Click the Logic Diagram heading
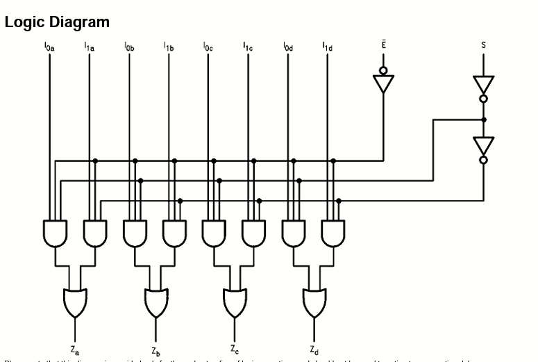tap(57, 22)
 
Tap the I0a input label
tap(49, 47)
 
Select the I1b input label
tap(169, 47)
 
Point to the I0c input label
tap(208, 47)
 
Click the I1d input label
tap(327, 47)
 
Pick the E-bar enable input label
tap(383, 44)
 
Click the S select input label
tap(484, 45)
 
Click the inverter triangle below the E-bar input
tap(383, 83)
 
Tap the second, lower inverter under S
tap(484, 145)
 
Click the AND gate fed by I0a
tap(53, 233)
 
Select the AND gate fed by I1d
tap(333, 233)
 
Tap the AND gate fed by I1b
tap(174, 233)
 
